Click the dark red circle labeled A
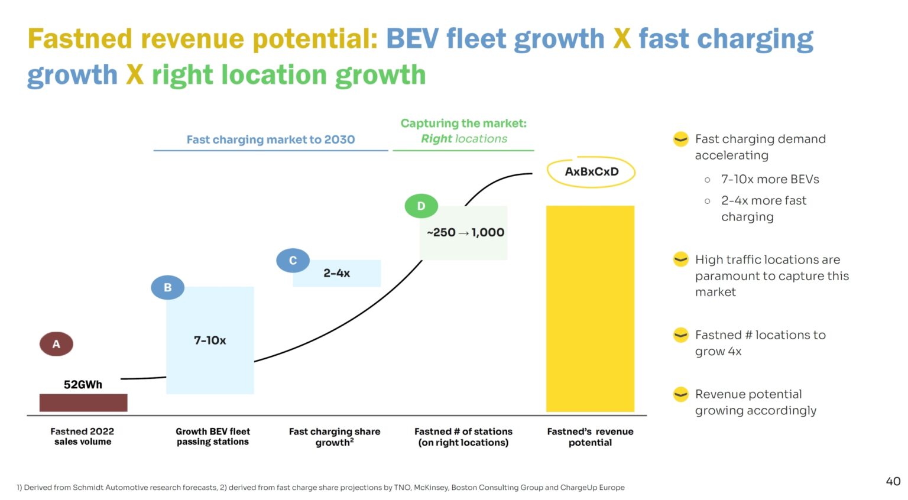click(56, 344)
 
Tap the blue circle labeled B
click(167, 287)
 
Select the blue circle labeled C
click(293, 261)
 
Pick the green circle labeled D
click(421, 206)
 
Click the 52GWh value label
click(83, 385)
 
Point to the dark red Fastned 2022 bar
click(83, 402)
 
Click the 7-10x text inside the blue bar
click(210, 340)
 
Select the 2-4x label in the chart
click(336, 273)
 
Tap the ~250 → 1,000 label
click(465, 232)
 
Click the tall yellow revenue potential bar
click(590, 309)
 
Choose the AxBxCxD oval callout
click(591, 172)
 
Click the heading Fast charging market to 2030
click(271, 139)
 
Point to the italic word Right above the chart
click(436, 139)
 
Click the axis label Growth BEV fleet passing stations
click(213, 437)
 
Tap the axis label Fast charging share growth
click(335, 437)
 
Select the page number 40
click(893, 481)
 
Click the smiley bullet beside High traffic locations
click(681, 259)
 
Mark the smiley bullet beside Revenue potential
click(681, 394)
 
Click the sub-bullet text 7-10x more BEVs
click(770, 179)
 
